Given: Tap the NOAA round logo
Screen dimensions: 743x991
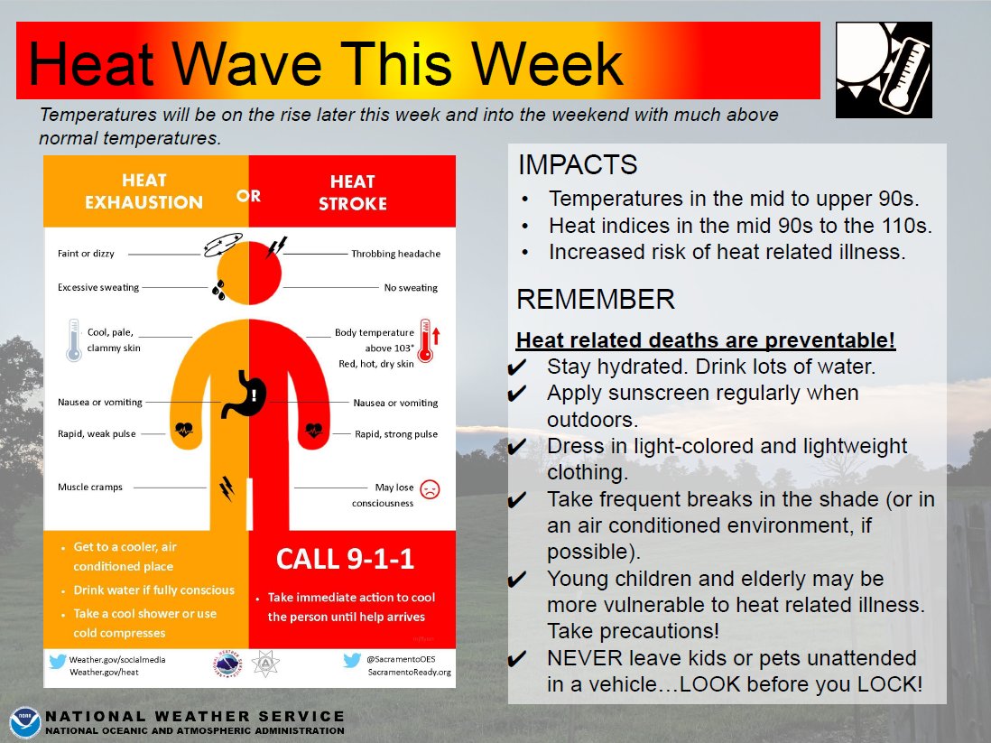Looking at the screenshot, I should click(x=24, y=723).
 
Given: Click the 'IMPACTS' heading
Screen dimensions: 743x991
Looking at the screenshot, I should click(x=578, y=165).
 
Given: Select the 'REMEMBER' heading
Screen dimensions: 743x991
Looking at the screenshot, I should click(x=595, y=299).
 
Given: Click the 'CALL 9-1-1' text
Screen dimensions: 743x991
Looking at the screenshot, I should click(x=345, y=559).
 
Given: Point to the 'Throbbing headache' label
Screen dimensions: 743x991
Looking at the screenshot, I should click(x=395, y=254).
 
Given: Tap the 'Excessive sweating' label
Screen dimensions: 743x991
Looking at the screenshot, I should click(x=98, y=287).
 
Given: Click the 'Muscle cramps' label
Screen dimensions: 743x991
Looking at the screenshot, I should click(x=90, y=487).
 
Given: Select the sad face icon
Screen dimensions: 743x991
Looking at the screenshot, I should click(x=431, y=490).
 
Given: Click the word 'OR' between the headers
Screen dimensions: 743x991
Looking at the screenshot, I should click(x=248, y=195).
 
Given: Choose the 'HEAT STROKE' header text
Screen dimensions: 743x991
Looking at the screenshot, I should click(x=352, y=192).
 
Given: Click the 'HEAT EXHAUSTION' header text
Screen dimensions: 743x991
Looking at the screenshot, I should click(x=144, y=192).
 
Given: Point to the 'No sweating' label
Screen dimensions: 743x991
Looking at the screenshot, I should click(x=410, y=287).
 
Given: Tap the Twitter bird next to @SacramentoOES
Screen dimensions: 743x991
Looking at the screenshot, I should click(x=353, y=661).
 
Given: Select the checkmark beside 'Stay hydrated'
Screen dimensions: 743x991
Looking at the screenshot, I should click(x=518, y=368).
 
